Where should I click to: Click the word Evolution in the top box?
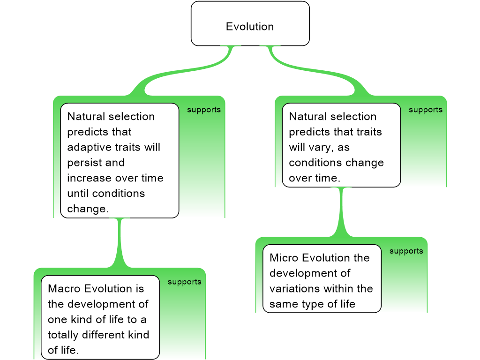pos(250,27)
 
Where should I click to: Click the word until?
pos(78,194)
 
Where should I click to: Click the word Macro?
pos(64,289)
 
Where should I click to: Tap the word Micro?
pos(285,258)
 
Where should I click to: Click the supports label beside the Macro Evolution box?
pos(184,282)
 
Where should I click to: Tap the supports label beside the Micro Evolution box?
pos(406,251)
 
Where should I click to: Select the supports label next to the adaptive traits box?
pos(203,110)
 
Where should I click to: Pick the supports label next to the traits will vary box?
pos(425,110)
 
